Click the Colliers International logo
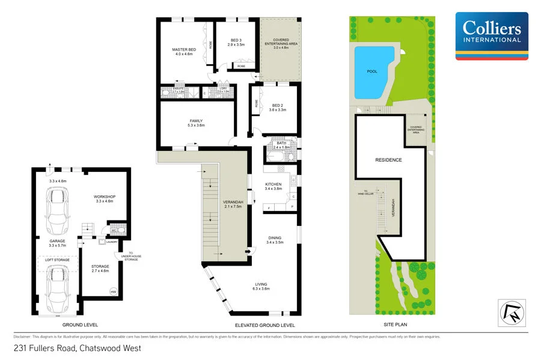(x=492, y=36)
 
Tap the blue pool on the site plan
(x=374, y=71)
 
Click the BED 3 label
(x=236, y=42)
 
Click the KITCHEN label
(x=274, y=186)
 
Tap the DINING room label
(x=274, y=240)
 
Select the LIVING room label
(x=260, y=286)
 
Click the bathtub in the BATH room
(x=277, y=156)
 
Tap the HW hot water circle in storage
(x=113, y=292)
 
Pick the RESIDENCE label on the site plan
(x=388, y=160)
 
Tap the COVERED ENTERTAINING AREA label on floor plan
(x=281, y=43)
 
